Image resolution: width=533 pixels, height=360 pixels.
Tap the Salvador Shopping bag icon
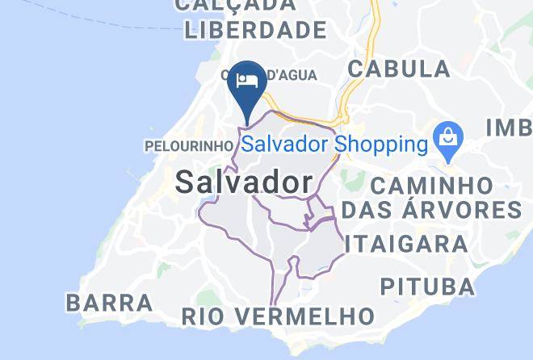446,140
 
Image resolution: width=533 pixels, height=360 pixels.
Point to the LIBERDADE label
255,31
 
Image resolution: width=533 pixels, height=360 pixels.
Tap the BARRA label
109,303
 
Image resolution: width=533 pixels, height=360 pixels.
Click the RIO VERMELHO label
278,316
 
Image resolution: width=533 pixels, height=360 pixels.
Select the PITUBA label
427,287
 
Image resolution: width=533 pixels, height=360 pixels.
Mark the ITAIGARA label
409,244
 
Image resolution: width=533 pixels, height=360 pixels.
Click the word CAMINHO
431,186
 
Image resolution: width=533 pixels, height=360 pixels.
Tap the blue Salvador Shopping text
334,145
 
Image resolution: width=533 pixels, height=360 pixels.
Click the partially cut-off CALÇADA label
235,5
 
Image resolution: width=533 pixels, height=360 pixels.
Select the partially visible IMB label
510,128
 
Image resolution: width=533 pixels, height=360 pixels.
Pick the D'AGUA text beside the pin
292,75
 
